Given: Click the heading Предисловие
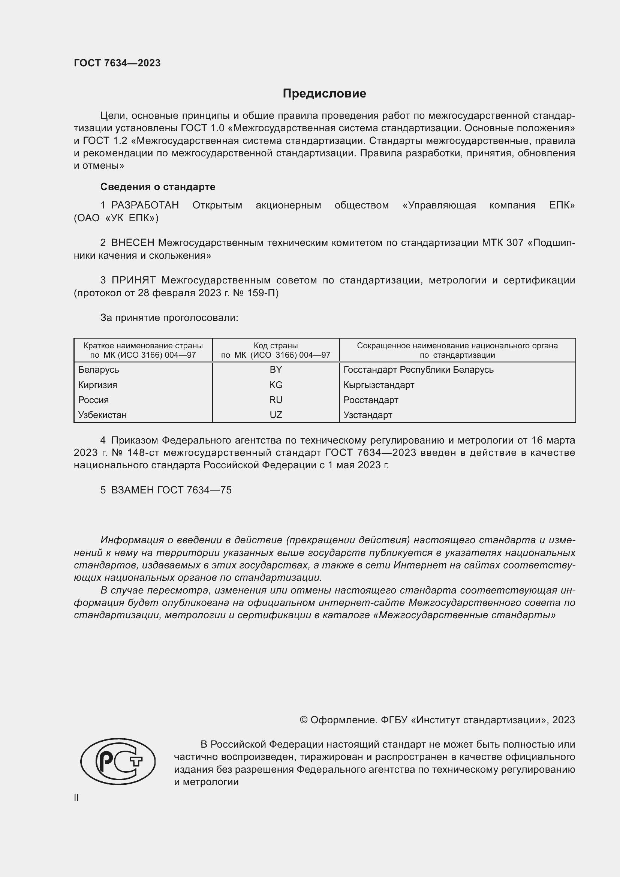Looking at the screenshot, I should click(324, 94).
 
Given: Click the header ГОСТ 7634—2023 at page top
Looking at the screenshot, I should click(117, 63).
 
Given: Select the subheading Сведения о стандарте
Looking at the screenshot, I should click(158, 187).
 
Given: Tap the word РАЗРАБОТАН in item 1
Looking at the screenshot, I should click(145, 205).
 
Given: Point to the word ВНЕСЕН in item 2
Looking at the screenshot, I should click(133, 243).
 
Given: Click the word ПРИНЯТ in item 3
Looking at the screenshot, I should click(133, 280).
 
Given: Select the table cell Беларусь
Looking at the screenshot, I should click(99, 369).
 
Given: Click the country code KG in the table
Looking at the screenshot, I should click(276, 385).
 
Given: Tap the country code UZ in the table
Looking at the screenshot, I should click(276, 415).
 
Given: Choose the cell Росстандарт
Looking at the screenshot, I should click(371, 400).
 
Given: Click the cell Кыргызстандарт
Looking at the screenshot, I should click(379, 385).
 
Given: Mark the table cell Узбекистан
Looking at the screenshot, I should click(102, 415).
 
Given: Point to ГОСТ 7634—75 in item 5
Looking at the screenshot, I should click(194, 490).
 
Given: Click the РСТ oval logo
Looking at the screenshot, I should click(118, 761).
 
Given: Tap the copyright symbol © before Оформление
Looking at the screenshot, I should click(304, 720).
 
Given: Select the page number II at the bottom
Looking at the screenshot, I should click(76, 798).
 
